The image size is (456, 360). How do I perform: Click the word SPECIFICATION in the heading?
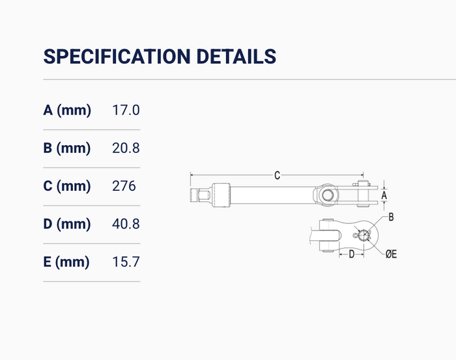[117, 57]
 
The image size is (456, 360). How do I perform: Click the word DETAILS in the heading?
[236, 57]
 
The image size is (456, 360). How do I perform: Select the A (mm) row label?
[67, 110]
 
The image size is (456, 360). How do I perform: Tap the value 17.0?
[126, 110]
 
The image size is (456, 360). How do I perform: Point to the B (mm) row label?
[67, 148]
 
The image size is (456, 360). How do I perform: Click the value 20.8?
[126, 148]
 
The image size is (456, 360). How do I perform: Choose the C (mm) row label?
[67, 186]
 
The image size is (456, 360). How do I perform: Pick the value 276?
[124, 186]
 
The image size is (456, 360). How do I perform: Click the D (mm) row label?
[67, 224]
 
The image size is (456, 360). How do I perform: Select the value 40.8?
[126, 224]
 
